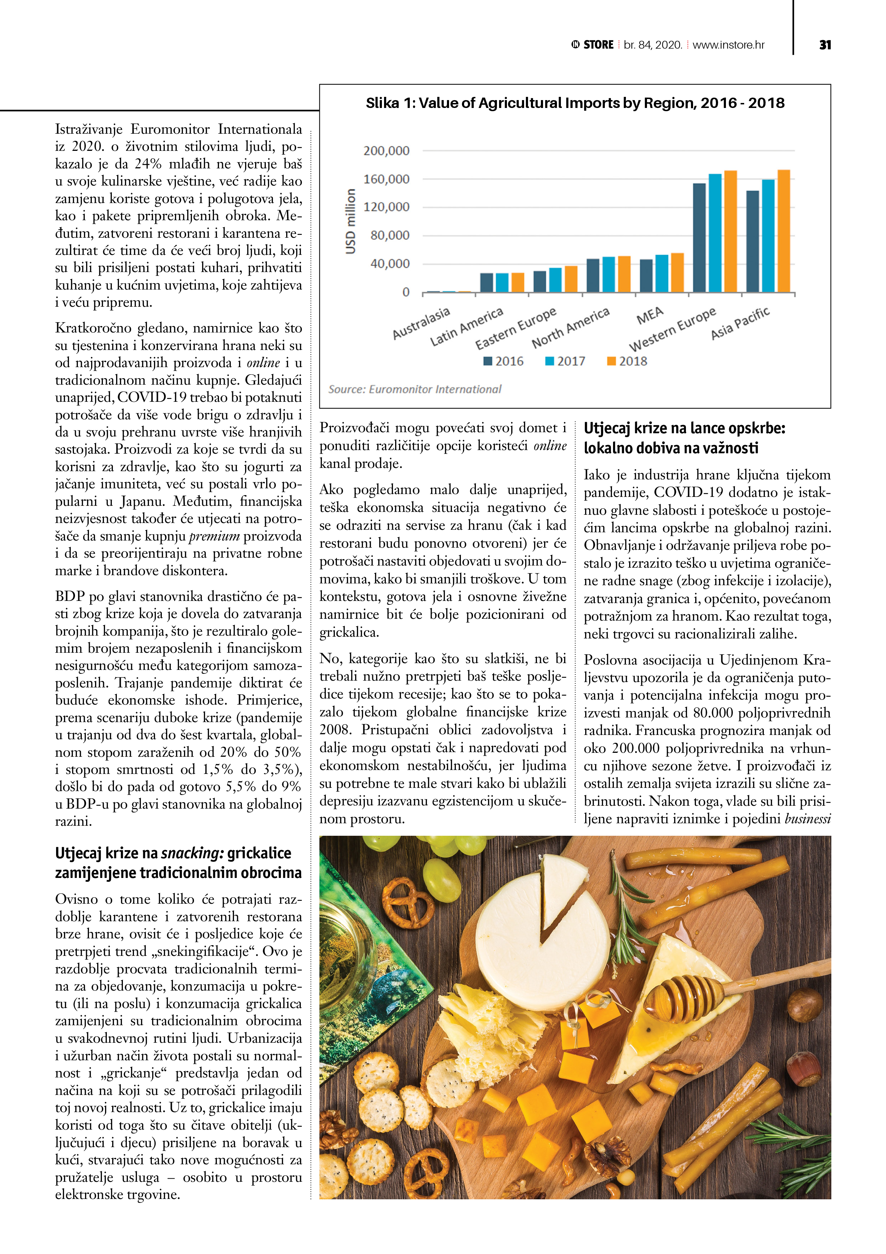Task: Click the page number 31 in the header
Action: [x=825, y=45]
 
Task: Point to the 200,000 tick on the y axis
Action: [x=386, y=151]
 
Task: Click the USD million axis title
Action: [x=350, y=221]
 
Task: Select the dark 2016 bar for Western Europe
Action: [x=699, y=238]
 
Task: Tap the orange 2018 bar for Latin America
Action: [x=518, y=282]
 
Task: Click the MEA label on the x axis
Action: [x=649, y=315]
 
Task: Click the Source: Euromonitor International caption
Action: [x=414, y=389]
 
